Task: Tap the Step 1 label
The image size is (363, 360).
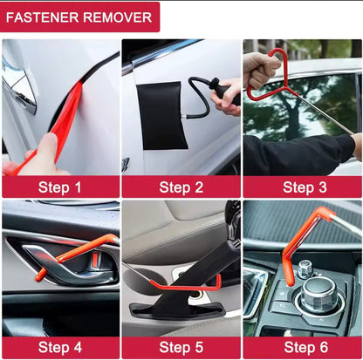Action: pos(59,187)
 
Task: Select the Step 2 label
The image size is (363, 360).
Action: pos(181,187)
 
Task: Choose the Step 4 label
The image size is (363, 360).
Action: pos(59,348)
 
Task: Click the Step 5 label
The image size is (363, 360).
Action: pos(181,348)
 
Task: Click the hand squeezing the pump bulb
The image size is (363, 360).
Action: pos(229,92)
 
